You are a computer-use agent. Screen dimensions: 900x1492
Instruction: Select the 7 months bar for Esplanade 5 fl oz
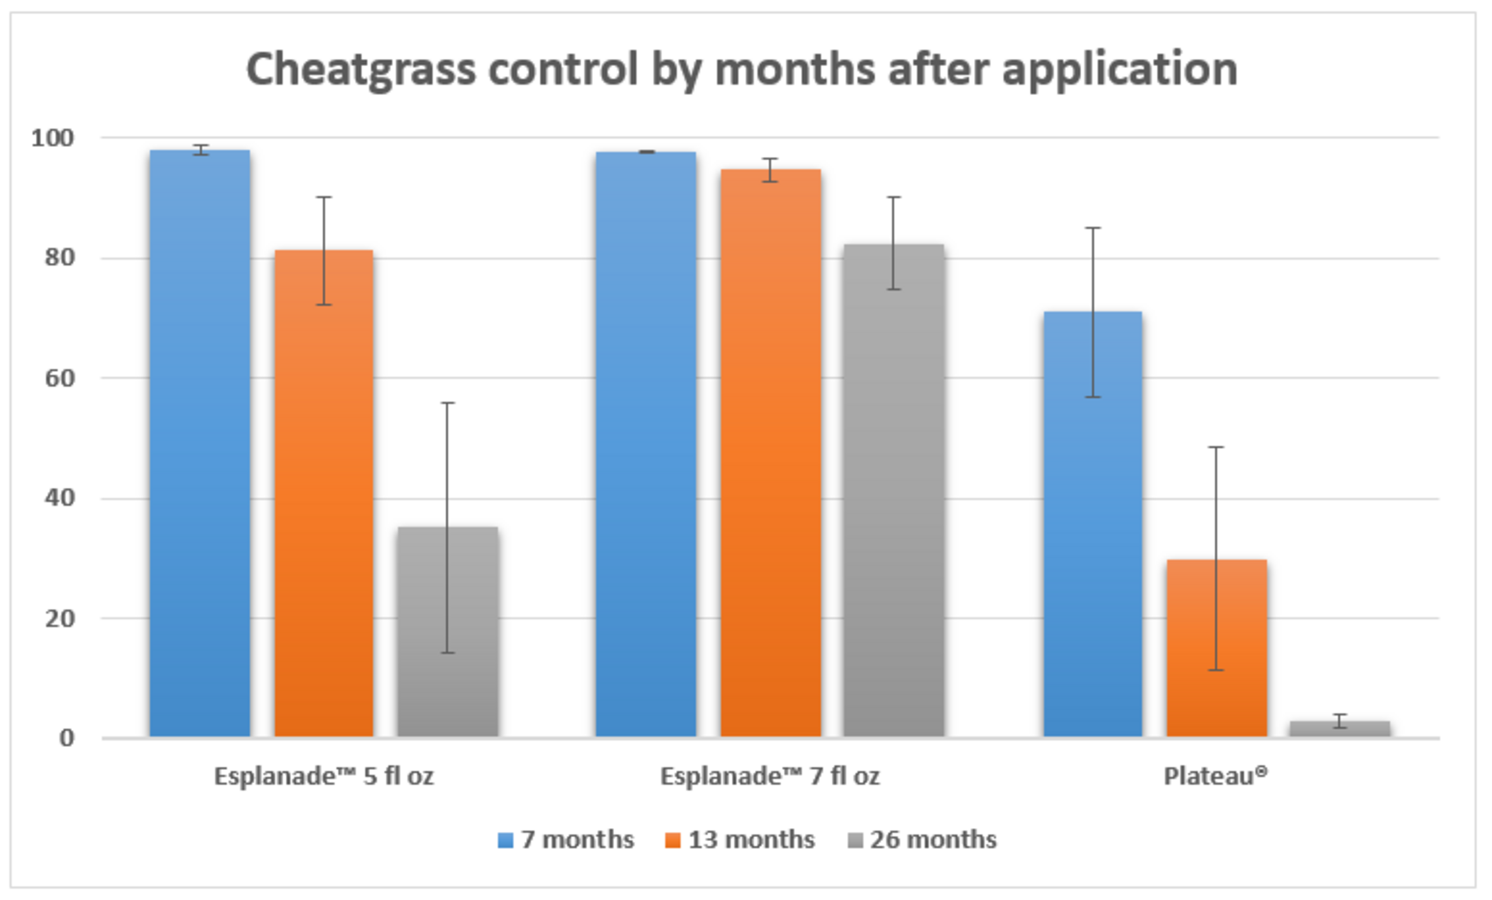[x=200, y=442]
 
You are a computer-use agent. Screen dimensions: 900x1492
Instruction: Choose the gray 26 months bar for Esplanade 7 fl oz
[x=894, y=490]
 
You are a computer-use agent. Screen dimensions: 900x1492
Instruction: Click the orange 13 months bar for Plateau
[x=1217, y=648]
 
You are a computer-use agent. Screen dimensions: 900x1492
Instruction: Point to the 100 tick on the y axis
[x=53, y=138]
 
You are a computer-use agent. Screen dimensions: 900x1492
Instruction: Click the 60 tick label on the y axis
[x=60, y=378]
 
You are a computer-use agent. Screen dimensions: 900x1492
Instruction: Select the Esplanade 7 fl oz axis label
[x=770, y=776]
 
